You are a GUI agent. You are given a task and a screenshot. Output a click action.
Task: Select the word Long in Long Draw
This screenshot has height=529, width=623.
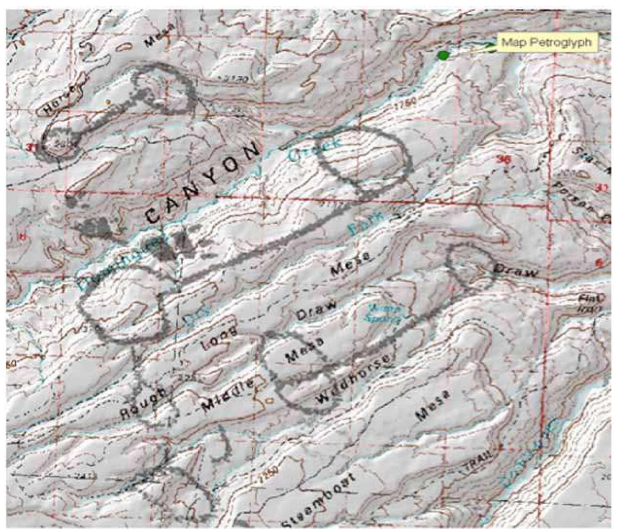click(x=219, y=338)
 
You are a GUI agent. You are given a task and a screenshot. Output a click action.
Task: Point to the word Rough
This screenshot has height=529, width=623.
click(x=143, y=403)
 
